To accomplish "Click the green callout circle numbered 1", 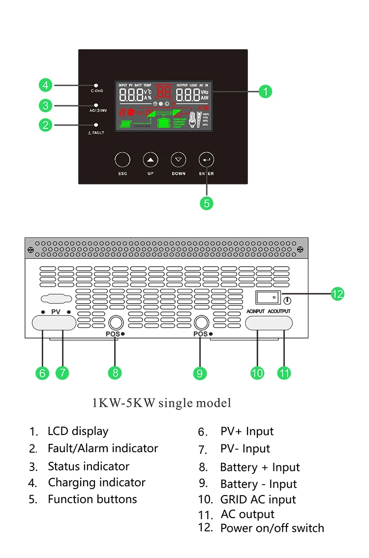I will click(265, 91).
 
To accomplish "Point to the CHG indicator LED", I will click(96, 86).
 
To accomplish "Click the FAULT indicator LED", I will click(96, 125).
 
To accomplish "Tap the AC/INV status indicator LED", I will click(96, 105).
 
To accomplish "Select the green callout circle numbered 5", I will click(207, 203).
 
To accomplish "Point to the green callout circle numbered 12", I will click(338, 294).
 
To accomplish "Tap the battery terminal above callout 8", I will click(116, 323).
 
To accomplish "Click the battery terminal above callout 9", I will click(201, 323).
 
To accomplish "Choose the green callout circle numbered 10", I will click(257, 373).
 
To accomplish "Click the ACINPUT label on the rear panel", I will click(255, 311).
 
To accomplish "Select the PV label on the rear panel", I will click(56, 312).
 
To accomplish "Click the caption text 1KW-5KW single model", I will click(162, 403).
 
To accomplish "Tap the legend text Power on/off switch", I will click(272, 528).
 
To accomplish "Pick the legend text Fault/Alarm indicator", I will click(103, 448).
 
